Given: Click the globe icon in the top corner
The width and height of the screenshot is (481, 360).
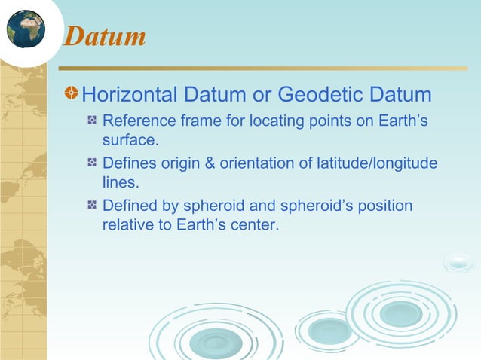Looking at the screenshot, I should pyautogui.click(x=25, y=29).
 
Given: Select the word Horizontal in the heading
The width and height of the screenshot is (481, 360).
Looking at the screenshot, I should pyautogui.click(x=129, y=96).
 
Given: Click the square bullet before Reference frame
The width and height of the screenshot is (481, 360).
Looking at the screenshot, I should pyautogui.click(x=92, y=121).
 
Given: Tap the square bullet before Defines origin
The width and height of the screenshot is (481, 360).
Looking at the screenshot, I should pyautogui.click(x=92, y=163).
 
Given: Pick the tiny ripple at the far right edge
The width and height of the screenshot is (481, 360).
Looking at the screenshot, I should pyautogui.click(x=458, y=263).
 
